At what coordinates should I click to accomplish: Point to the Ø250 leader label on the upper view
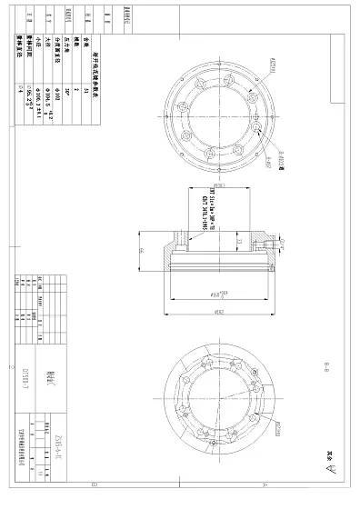272,63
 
